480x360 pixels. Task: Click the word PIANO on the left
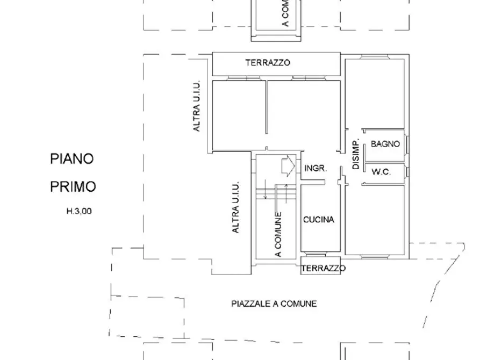click(x=72, y=159)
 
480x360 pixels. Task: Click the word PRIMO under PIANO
click(x=73, y=187)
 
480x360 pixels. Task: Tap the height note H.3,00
click(x=79, y=212)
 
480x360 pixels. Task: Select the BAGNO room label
click(x=385, y=144)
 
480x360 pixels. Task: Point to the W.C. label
click(x=381, y=172)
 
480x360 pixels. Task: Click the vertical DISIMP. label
click(x=355, y=155)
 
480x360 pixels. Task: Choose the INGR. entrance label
click(x=316, y=168)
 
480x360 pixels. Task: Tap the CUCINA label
click(x=318, y=220)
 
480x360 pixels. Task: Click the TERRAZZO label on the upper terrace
click(x=268, y=63)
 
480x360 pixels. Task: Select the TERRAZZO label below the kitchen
click(x=323, y=268)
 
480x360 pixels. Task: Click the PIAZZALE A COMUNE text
click(x=274, y=304)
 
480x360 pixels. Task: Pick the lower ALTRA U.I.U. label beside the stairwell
click(x=235, y=207)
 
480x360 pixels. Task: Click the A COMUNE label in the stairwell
click(x=278, y=235)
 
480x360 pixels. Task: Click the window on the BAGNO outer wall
click(x=407, y=145)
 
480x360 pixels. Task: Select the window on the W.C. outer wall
click(x=407, y=172)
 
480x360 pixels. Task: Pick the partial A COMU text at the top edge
click(x=285, y=13)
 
